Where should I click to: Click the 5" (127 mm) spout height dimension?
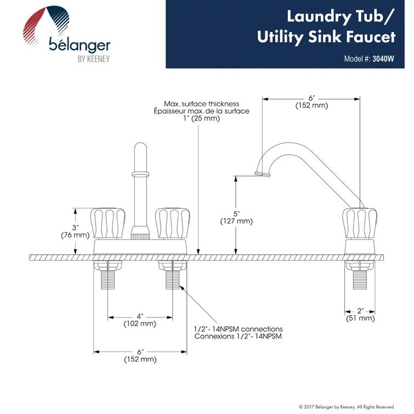tap(236, 217)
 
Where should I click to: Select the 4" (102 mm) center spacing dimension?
tap(140, 320)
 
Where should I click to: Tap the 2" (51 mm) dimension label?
tap(360, 314)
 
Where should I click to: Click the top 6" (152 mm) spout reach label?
tap(311, 101)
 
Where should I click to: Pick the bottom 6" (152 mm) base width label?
tap(140, 355)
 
